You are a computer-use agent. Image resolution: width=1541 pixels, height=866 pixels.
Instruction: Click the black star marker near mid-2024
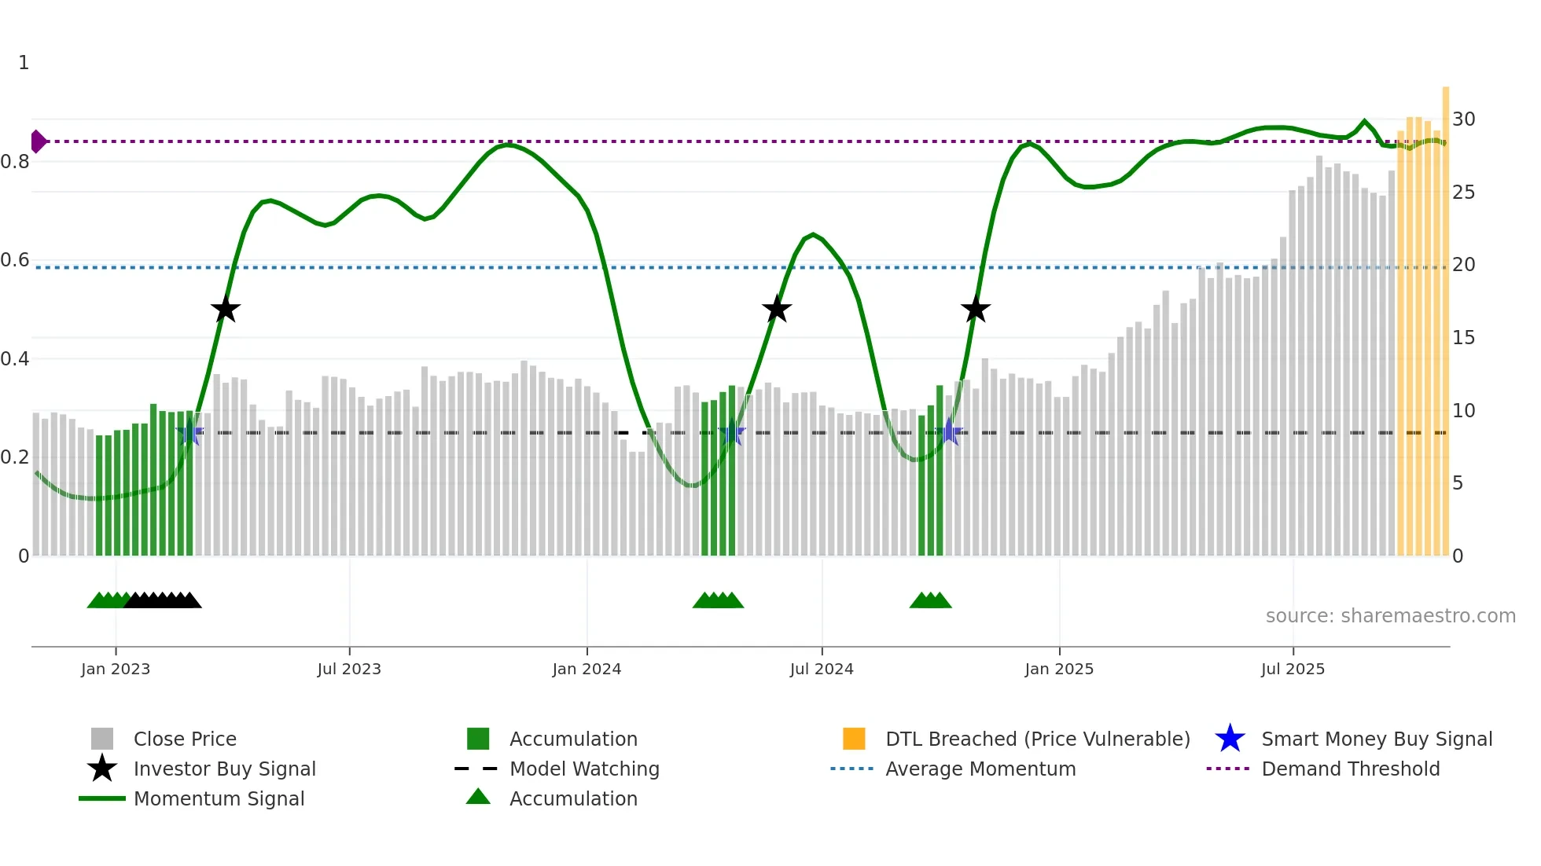(777, 309)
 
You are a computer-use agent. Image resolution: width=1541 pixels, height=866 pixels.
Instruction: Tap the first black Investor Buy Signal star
(226, 309)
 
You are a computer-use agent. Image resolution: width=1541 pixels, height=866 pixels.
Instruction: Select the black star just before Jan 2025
(976, 309)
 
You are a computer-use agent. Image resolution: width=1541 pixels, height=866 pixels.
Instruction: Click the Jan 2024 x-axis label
(587, 670)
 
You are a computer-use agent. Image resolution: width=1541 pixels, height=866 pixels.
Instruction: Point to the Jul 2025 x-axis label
(1293, 670)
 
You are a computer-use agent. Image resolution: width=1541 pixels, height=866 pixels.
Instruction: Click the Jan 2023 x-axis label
(116, 670)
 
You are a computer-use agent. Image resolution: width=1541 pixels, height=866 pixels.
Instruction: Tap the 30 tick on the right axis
(1463, 119)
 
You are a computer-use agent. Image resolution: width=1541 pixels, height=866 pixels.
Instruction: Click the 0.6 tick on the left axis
(15, 260)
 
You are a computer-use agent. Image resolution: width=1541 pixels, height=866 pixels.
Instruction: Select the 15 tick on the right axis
(1463, 338)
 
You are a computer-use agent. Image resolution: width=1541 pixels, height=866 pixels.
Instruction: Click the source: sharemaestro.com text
(1390, 616)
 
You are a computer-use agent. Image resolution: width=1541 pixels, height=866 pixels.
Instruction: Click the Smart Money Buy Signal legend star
(1230, 739)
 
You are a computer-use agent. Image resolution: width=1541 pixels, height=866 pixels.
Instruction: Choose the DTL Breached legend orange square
(854, 739)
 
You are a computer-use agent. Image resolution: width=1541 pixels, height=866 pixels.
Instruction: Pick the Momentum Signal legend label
(219, 799)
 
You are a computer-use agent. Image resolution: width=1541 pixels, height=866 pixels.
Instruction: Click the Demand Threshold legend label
(1350, 769)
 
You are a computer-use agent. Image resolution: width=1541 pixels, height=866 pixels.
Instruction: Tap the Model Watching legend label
(584, 769)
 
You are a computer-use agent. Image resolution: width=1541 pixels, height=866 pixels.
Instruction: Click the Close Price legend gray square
(102, 739)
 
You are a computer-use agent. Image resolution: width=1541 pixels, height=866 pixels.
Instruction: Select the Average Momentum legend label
(980, 769)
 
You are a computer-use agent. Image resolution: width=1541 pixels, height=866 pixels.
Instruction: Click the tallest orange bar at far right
(1446, 314)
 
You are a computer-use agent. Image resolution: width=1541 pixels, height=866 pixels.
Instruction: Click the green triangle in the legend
(478, 797)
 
